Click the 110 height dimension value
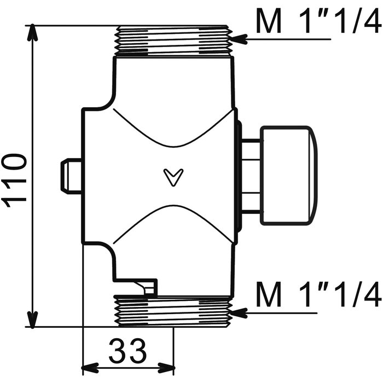tap(14, 180)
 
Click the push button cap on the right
tap(289, 176)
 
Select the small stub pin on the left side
tap(71, 176)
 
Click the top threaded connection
tap(173, 40)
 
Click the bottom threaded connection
tap(173, 311)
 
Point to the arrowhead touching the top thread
tap(239, 39)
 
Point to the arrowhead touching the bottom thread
tap(239, 313)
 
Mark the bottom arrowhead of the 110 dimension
tap(32, 318)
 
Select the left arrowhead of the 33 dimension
tap(90, 368)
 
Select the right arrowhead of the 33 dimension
tap(166, 368)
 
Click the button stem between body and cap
tap(251, 176)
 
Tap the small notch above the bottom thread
tap(147, 287)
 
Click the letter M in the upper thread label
tap(269, 21)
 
